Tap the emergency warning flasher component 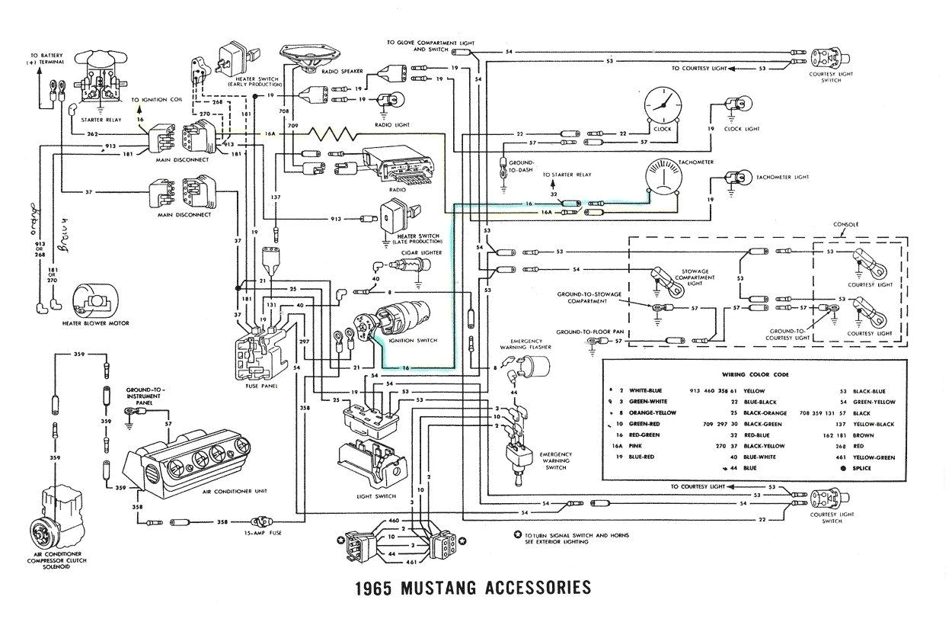(524, 370)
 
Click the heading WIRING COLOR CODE (756, 375)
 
